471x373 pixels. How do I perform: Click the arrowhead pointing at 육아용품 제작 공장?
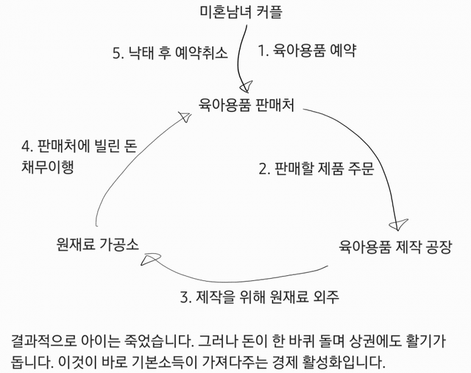coord(397,221)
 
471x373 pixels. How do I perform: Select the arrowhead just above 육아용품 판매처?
coord(247,83)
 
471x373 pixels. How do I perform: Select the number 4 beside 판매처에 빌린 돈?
coord(26,145)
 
